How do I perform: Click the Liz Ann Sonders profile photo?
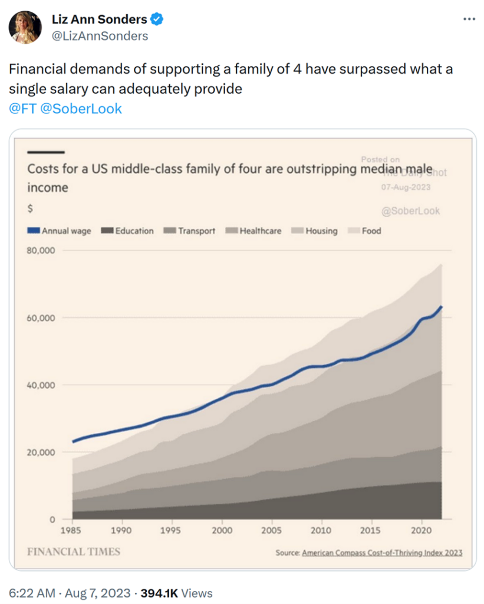(x=25, y=27)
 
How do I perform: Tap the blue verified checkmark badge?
(x=157, y=19)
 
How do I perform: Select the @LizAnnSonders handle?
(x=100, y=36)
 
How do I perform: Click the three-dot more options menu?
(x=469, y=19)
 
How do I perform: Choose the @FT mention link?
(x=22, y=109)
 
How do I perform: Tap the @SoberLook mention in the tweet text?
(x=81, y=109)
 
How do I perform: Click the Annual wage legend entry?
(x=60, y=231)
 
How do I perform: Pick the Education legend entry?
(x=128, y=231)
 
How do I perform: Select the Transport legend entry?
(x=189, y=231)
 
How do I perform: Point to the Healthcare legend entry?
(x=254, y=231)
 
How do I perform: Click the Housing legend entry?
(x=315, y=231)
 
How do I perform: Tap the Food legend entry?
(x=366, y=231)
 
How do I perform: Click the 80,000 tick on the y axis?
(x=41, y=250)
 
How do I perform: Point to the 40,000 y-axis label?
(x=41, y=385)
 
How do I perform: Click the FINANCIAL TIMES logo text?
(x=74, y=552)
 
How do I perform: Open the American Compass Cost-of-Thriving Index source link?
(x=382, y=553)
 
